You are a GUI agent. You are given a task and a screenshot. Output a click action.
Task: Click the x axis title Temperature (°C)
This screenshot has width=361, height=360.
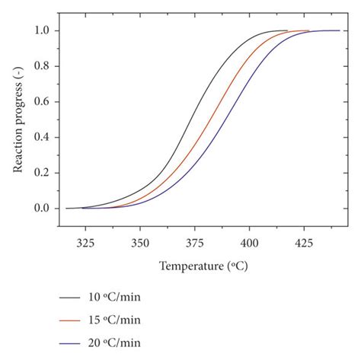(203, 266)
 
